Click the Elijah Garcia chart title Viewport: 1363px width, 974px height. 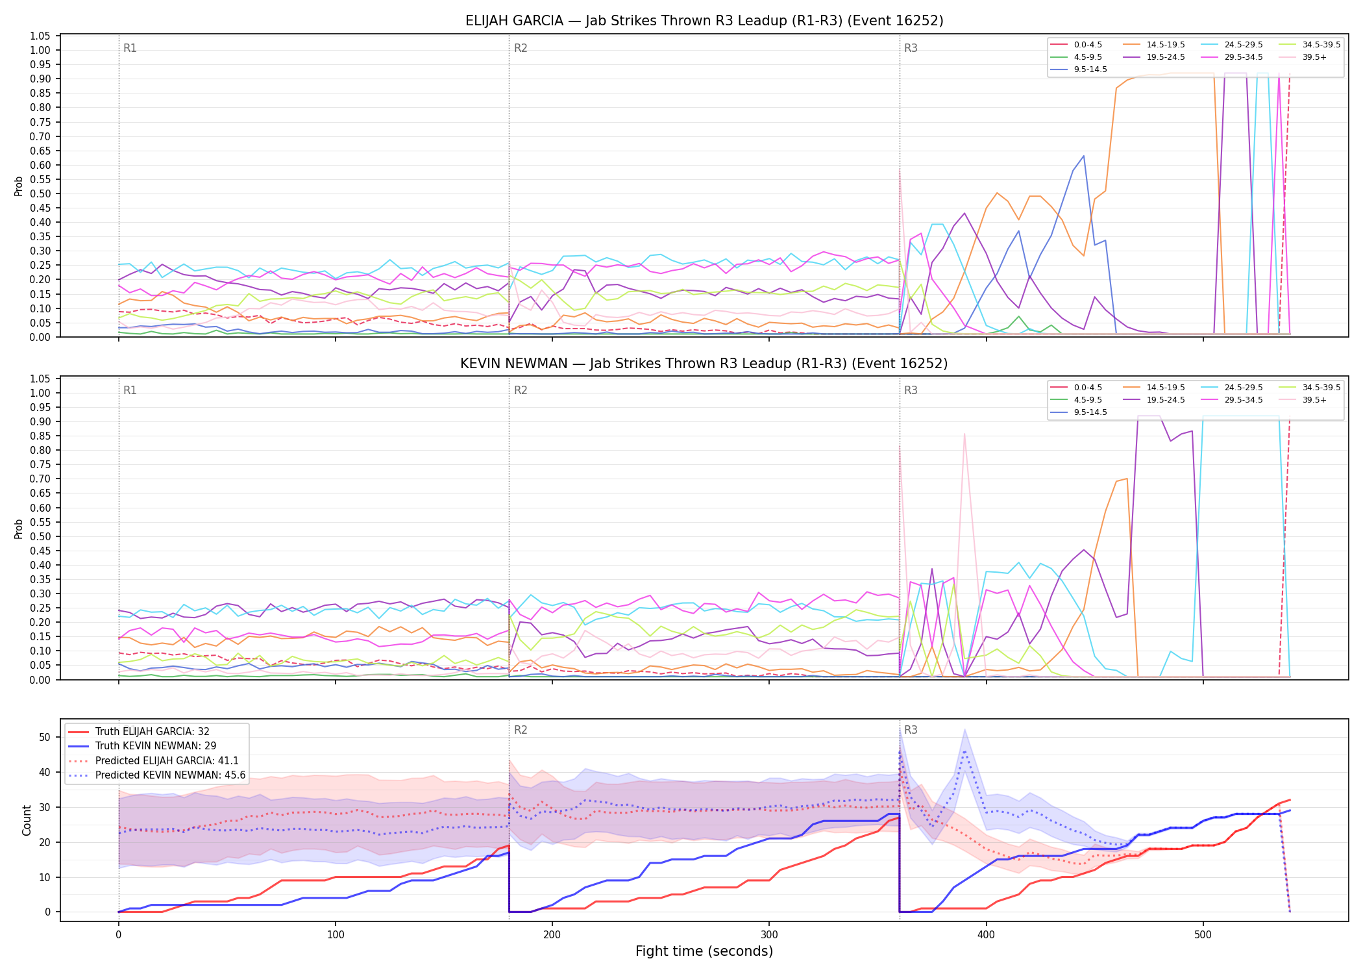[704, 21]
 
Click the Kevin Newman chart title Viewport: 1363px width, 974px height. [704, 364]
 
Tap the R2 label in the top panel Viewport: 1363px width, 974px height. [521, 48]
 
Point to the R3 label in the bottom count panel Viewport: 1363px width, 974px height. [911, 730]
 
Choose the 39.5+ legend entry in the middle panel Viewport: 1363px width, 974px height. [1304, 400]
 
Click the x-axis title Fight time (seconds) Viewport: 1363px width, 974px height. [704, 951]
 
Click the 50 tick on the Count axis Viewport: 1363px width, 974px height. [45, 737]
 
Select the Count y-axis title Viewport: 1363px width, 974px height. [27, 820]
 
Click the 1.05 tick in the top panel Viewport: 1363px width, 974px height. [40, 36]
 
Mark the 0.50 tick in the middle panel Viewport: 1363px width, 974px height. [40, 536]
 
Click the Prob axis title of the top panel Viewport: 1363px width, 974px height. [19, 186]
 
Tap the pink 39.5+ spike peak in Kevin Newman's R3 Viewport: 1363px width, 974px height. [964, 433]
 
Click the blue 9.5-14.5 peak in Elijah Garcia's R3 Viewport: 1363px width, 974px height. [1083, 156]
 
